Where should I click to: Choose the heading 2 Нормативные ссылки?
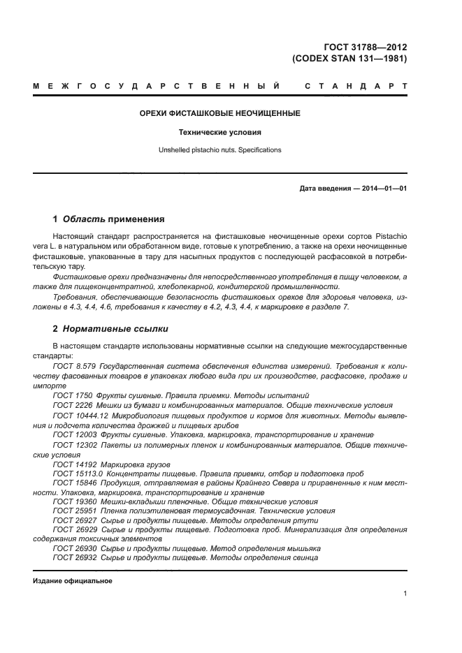tap(110, 328)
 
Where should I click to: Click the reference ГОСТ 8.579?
tap(74, 366)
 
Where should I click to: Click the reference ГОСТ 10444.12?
tap(78, 415)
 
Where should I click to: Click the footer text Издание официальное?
tap(73, 581)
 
